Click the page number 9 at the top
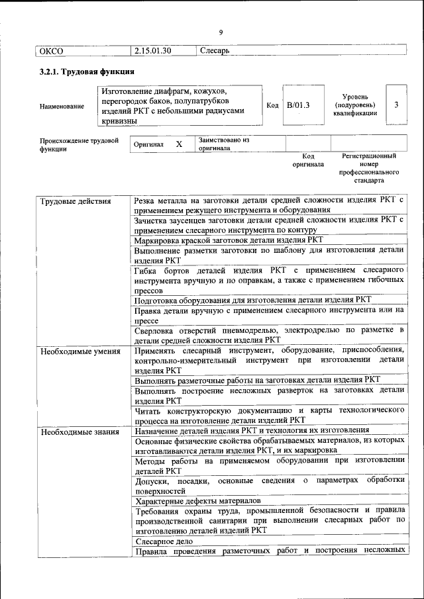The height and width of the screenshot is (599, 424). [221, 32]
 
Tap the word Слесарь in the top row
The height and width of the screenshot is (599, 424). [214, 50]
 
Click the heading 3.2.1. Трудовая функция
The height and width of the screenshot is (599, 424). [87, 72]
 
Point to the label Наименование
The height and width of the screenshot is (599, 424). [62, 106]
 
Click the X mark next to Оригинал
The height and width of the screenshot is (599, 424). [179, 144]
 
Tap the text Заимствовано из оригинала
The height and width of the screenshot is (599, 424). [223, 144]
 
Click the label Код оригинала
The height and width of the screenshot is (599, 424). [308, 160]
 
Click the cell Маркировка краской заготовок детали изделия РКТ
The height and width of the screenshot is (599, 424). [229, 240]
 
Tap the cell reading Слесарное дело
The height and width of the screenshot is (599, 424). [164, 541]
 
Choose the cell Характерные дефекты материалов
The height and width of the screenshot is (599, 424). [197, 501]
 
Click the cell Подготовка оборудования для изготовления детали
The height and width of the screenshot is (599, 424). [253, 299]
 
